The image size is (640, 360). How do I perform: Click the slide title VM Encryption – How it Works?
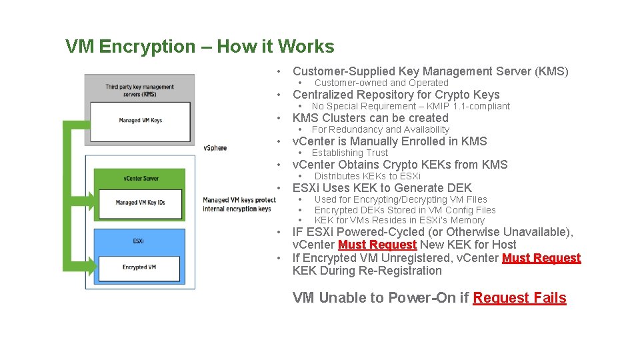199,47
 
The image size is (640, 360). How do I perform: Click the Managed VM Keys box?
140,121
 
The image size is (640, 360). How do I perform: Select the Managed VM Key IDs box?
140,203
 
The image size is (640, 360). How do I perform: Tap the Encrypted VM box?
139,267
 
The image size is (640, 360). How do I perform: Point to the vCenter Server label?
141,179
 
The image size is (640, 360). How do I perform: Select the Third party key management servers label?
139,91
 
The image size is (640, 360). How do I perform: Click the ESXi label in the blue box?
138,241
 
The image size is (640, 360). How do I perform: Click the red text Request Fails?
519,298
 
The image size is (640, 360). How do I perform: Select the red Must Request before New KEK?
377,245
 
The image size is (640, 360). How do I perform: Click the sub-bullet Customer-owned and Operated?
381,83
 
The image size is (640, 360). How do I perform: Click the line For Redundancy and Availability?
380,129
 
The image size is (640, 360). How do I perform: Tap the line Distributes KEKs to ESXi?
367,176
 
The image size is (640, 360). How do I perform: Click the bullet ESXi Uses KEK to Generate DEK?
381,188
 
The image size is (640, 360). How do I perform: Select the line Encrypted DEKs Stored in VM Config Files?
405,210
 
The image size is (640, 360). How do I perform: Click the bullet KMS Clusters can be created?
370,118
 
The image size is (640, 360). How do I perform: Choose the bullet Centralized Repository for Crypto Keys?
395,95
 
